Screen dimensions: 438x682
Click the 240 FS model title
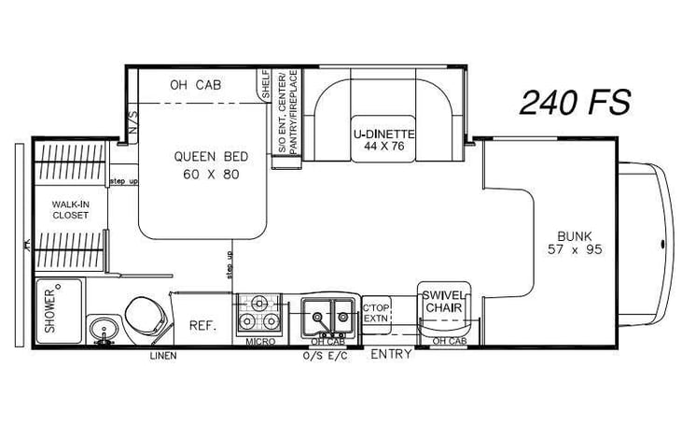[575, 103]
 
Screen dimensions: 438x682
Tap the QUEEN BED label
[202, 164]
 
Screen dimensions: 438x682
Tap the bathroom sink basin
[104, 329]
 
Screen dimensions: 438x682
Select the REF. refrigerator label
[202, 326]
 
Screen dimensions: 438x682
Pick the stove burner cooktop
[259, 314]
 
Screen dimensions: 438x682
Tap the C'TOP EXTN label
[375, 313]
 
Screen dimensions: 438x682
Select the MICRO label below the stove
[260, 343]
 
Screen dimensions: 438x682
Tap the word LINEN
[164, 356]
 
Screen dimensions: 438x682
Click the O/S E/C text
[326, 356]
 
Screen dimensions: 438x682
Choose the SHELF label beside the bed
[265, 84]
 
